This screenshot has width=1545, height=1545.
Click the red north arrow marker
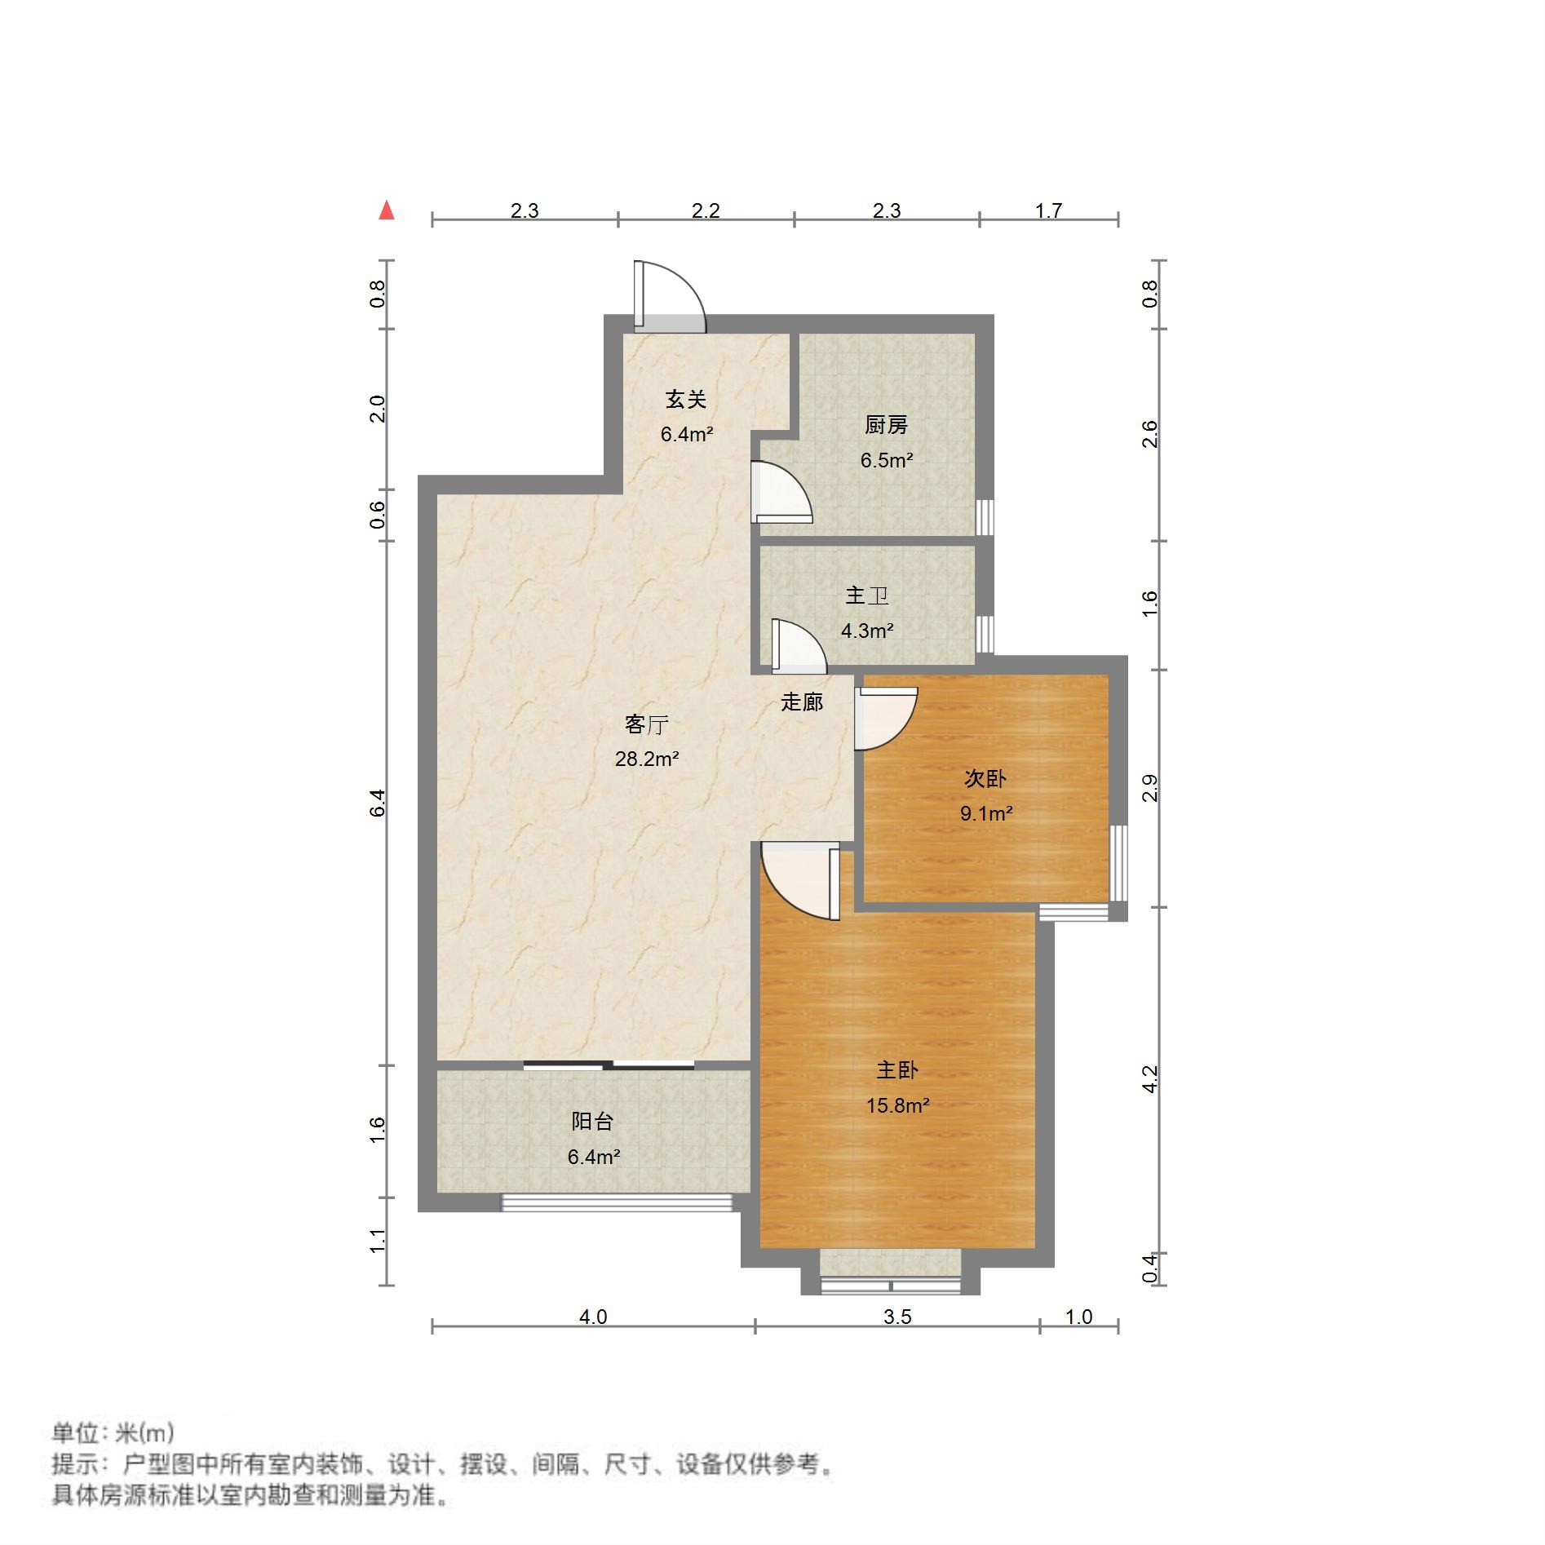(387, 210)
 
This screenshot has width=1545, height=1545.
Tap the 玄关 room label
(685, 400)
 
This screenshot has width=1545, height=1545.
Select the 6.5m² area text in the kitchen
(886, 460)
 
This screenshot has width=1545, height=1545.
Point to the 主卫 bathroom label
(866, 595)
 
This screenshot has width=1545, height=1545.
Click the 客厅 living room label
(647, 724)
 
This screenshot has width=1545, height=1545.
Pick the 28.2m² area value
(647, 759)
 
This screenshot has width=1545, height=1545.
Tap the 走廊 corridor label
(802, 702)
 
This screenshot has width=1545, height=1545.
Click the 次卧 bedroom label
(985, 778)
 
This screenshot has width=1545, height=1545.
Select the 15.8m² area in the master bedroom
(897, 1105)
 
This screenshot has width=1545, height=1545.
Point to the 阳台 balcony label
(592, 1121)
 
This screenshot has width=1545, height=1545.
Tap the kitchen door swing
(781, 493)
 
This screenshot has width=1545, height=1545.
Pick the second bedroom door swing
(885, 718)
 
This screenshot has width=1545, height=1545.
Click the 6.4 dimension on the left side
(377, 803)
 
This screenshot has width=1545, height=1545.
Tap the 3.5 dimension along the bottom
(897, 1317)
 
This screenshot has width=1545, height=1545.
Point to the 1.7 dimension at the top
(1048, 210)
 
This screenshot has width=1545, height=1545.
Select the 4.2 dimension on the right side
(1150, 1079)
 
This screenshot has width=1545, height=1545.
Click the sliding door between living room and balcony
(609, 1064)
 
